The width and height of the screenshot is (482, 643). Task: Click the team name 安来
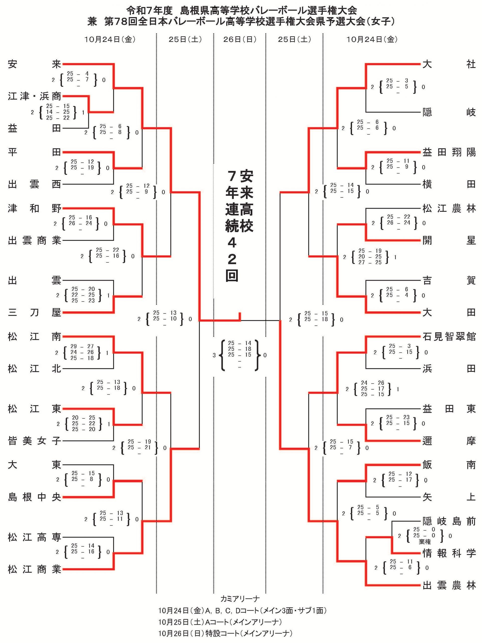(x=34, y=64)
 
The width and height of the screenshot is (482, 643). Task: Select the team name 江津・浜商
(x=34, y=96)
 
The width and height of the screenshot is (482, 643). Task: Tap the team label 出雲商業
(x=34, y=240)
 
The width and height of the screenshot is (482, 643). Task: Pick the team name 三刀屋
(x=34, y=312)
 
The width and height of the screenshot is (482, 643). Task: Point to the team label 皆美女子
(x=34, y=441)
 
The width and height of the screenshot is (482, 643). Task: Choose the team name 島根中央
(x=34, y=497)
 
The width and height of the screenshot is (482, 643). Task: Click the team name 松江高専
(x=34, y=538)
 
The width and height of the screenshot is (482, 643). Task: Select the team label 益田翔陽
(x=449, y=152)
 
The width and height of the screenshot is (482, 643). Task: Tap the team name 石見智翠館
(x=449, y=337)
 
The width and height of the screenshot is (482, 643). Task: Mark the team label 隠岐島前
(x=449, y=521)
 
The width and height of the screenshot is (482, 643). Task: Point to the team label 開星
(x=449, y=240)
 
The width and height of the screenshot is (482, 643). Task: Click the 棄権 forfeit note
(x=425, y=542)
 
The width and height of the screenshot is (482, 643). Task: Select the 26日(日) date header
(x=240, y=39)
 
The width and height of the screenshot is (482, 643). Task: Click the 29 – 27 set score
(x=82, y=346)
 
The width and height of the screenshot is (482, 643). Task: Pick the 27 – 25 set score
(x=370, y=262)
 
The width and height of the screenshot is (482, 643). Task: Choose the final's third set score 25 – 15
(x=239, y=355)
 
